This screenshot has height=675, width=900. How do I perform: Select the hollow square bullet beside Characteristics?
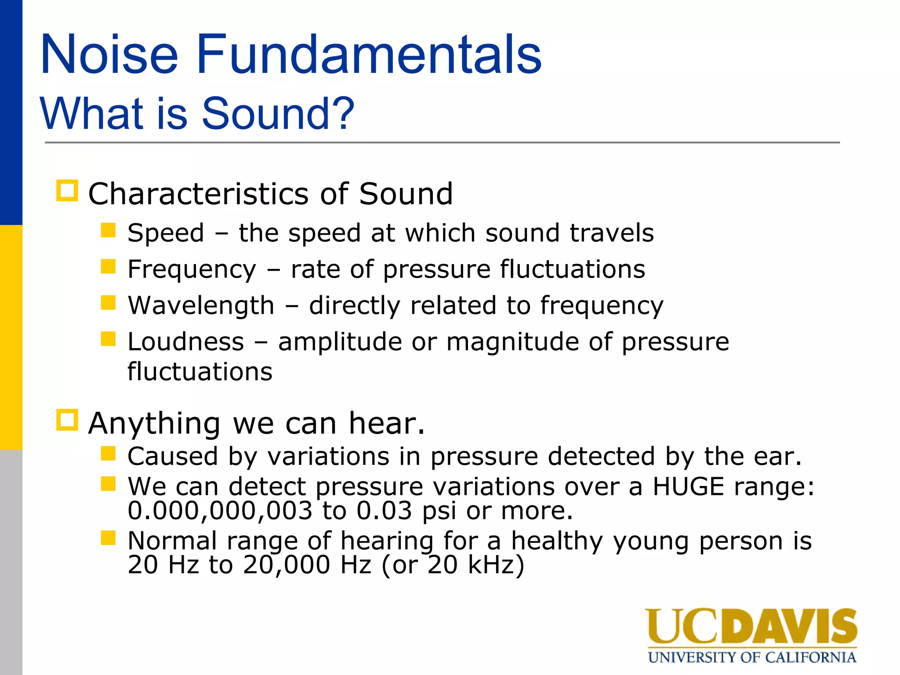click(67, 191)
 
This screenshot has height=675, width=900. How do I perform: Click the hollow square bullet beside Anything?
click(67, 420)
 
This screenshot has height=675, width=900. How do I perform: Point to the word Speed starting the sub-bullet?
click(166, 233)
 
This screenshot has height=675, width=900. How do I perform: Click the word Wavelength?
click(201, 305)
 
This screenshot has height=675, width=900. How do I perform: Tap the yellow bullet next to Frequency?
click(108, 266)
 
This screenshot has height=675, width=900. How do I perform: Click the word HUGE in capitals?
click(688, 486)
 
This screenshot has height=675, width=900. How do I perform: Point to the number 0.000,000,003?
click(220, 511)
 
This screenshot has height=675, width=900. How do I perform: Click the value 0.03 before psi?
click(384, 511)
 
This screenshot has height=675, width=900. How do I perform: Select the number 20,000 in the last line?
click(286, 565)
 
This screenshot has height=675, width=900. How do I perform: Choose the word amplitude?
click(340, 342)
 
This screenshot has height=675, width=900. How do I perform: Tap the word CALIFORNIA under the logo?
click(810, 657)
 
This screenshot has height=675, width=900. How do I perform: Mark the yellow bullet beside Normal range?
click(108, 538)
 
